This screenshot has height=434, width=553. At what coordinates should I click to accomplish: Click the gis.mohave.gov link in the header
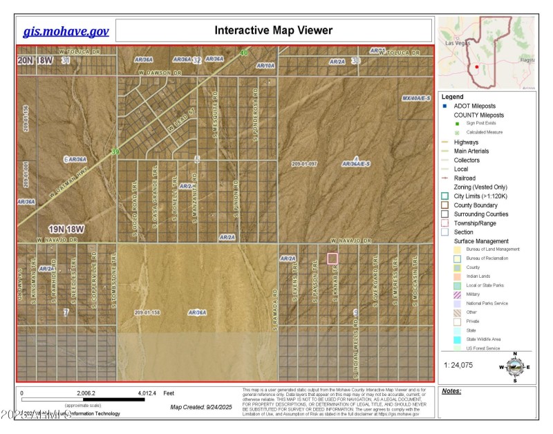66,31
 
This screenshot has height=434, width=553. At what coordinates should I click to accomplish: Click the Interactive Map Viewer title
273,30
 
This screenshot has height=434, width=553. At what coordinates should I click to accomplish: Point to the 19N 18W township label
66,229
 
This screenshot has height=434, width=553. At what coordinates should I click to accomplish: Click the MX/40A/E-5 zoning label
417,98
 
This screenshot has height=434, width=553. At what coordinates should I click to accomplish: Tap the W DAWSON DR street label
159,72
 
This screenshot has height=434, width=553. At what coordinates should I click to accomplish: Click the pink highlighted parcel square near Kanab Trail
332,258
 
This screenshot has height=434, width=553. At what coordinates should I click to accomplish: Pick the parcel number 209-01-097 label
304,164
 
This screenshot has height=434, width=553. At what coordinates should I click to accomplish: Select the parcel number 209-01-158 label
149,312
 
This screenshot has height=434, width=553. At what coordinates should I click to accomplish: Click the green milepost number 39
115,152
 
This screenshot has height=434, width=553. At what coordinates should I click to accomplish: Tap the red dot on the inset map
477,67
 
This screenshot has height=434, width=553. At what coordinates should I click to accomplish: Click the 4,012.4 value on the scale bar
146,393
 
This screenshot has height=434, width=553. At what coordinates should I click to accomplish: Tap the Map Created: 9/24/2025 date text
203,407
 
